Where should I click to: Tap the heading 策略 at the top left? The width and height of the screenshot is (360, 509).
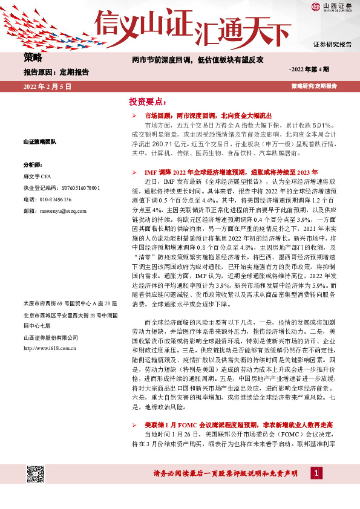coord(33,58)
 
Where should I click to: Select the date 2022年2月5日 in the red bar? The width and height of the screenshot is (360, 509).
coord(48,87)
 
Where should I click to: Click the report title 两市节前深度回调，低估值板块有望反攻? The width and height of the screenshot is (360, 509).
coord(198,60)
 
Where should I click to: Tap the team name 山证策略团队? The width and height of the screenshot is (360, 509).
coord(39,141)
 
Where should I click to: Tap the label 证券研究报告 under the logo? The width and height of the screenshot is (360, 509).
coord(332,45)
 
